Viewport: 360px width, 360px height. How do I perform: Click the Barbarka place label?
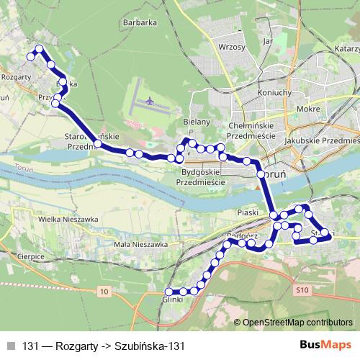140,22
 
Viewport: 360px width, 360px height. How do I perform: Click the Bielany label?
197,122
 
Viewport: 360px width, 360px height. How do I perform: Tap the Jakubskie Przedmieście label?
321,142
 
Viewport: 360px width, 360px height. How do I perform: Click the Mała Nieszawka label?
142,245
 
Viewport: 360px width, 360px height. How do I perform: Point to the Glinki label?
174,299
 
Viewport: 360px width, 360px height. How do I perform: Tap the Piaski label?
247,213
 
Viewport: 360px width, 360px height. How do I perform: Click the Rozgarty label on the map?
15,75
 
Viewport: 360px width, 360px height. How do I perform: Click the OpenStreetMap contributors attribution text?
298,323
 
